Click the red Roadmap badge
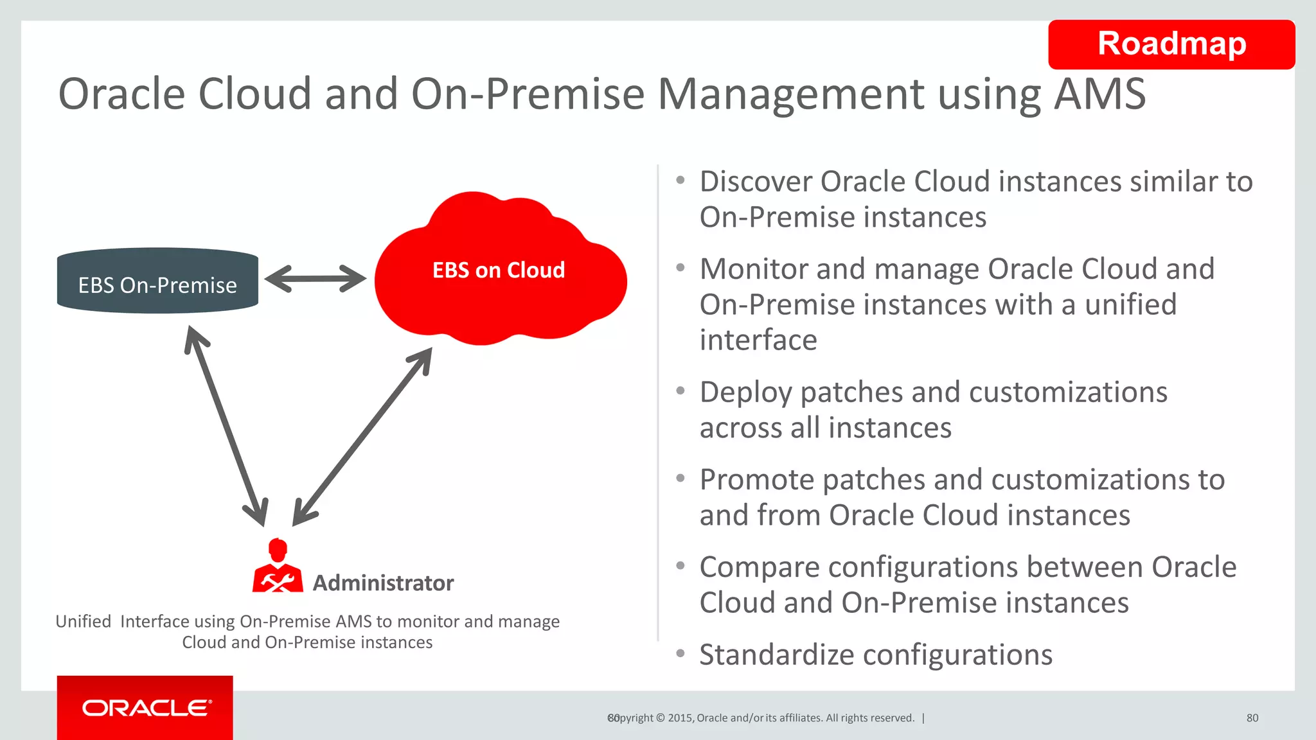pos(1171,44)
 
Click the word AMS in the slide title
pos(1099,94)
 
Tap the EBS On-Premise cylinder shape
pos(157,281)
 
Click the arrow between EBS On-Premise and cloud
pos(315,279)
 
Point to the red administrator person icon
pos(278,567)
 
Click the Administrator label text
pos(383,583)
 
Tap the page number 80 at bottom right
pos(1252,718)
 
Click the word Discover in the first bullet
pos(756,182)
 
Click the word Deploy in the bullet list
pos(745,392)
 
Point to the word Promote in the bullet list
pos(757,480)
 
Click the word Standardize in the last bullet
pos(776,655)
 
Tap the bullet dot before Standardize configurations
pos(680,653)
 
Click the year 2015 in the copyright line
pos(680,718)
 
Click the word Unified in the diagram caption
pos(84,622)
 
